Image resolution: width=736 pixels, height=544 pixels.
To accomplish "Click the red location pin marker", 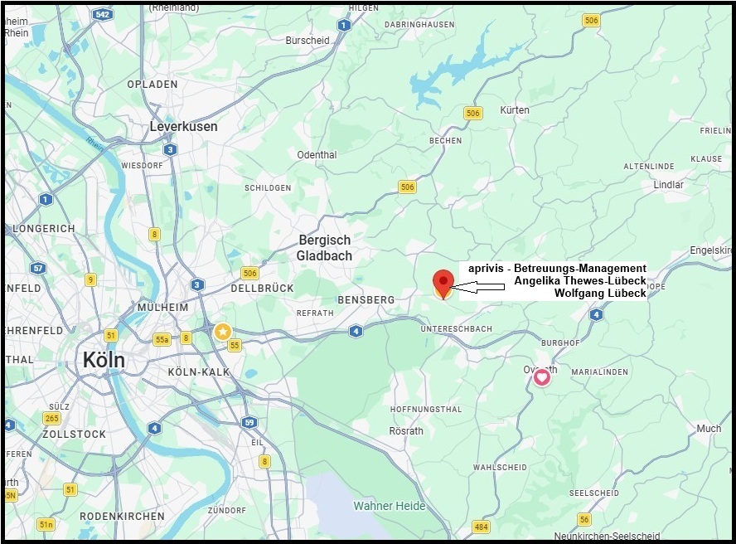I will point(443,280).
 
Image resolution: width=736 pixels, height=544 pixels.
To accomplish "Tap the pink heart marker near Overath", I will point(541,378).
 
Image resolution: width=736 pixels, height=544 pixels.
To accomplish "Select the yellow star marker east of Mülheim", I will point(222,332).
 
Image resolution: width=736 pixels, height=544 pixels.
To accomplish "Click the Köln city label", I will point(104,360).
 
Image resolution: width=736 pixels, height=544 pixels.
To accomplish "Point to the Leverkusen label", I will point(183,127).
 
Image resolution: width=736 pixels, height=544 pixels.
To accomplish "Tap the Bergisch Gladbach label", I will point(324,248).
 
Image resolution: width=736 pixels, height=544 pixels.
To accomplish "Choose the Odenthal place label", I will point(317,155).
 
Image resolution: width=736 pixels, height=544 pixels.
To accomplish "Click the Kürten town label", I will point(515,110).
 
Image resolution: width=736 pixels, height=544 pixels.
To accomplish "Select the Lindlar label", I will point(669,185).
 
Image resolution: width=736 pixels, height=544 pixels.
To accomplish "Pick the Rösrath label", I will point(406,431).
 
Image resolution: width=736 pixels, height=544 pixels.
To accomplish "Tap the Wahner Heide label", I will point(389,506).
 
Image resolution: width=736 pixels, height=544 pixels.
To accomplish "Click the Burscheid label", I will point(307,40).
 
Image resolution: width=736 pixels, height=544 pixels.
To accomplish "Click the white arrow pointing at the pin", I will point(481,288).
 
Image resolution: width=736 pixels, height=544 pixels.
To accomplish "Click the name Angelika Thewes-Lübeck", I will point(579,281).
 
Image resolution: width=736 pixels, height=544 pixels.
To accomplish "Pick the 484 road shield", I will point(481,527).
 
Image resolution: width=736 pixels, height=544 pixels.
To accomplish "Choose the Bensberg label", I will point(366,299).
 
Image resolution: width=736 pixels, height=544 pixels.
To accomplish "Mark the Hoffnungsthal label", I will point(425,409).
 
